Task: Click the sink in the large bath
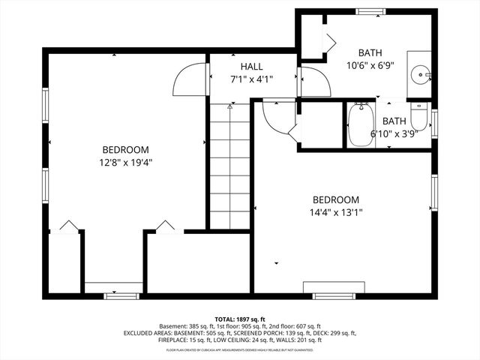[x=421, y=73]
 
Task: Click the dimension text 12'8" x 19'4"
[x=125, y=161]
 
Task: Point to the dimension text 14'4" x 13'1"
[x=336, y=212]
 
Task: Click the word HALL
[x=251, y=67]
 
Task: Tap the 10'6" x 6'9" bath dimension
[x=369, y=65]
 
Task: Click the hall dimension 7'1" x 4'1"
[x=251, y=78]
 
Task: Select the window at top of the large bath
[x=369, y=11]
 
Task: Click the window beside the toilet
[x=434, y=123]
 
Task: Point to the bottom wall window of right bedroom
[x=334, y=295]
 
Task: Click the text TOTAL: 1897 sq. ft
[x=240, y=319]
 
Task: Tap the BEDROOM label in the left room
[x=125, y=149]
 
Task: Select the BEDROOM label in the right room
[x=336, y=200]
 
